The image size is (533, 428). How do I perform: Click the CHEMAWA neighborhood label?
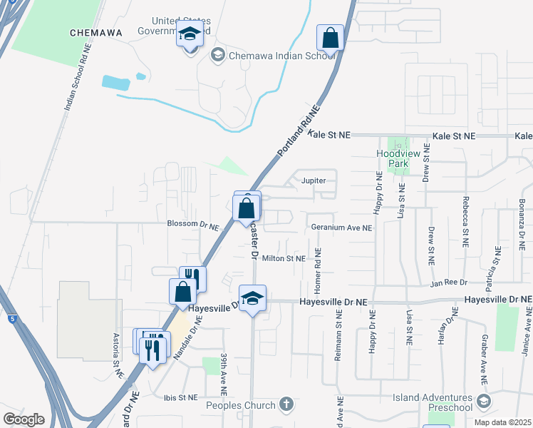(x=96, y=32)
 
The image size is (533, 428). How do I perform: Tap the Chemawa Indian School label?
(x=274, y=55)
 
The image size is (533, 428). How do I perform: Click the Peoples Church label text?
(x=240, y=406)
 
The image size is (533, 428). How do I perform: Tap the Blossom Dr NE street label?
(x=192, y=225)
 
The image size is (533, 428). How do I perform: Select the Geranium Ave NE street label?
(x=341, y=228)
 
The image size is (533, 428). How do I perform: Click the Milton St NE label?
(x=284, y=258)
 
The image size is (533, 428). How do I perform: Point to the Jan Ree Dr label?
(x=447, y=283)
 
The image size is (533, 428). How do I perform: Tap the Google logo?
(x=24, y=419)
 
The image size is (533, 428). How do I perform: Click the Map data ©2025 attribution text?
(x=503, y=423)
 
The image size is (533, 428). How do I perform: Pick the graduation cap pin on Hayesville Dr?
(x=252, y=298)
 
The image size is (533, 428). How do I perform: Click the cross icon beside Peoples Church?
(x=286, y=404)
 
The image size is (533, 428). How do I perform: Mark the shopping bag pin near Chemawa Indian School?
(x=331, y=38)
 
